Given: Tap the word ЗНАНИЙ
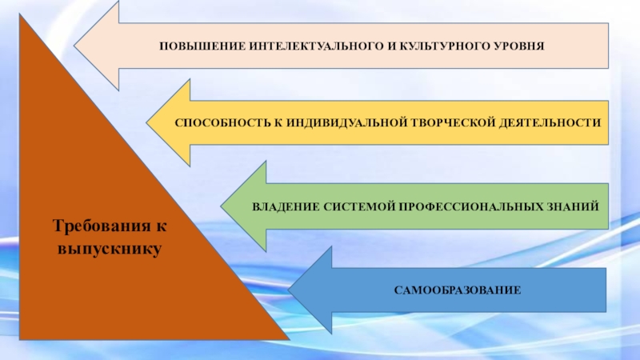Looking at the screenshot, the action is tap(571, 206).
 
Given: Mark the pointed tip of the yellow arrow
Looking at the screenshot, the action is tap(146, 122).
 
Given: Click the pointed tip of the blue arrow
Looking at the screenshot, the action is tap(289, 290).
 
